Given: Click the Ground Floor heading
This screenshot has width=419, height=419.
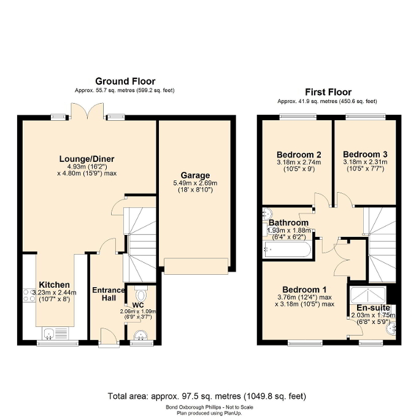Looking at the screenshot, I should tap(125, 81).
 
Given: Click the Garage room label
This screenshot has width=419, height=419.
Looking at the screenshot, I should tap(195, 175).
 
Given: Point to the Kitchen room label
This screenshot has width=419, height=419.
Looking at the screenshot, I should tap(55, 285).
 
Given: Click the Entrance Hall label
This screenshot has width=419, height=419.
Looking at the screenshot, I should tap(109, 294).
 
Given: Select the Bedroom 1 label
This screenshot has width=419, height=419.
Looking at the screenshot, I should tap(304, 290).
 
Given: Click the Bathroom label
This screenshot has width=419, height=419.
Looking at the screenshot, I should tap(288, 223).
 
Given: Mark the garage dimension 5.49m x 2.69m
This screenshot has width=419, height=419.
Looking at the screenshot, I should tap(195, 183).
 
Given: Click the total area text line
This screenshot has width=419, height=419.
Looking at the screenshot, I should tap(207, 396).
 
